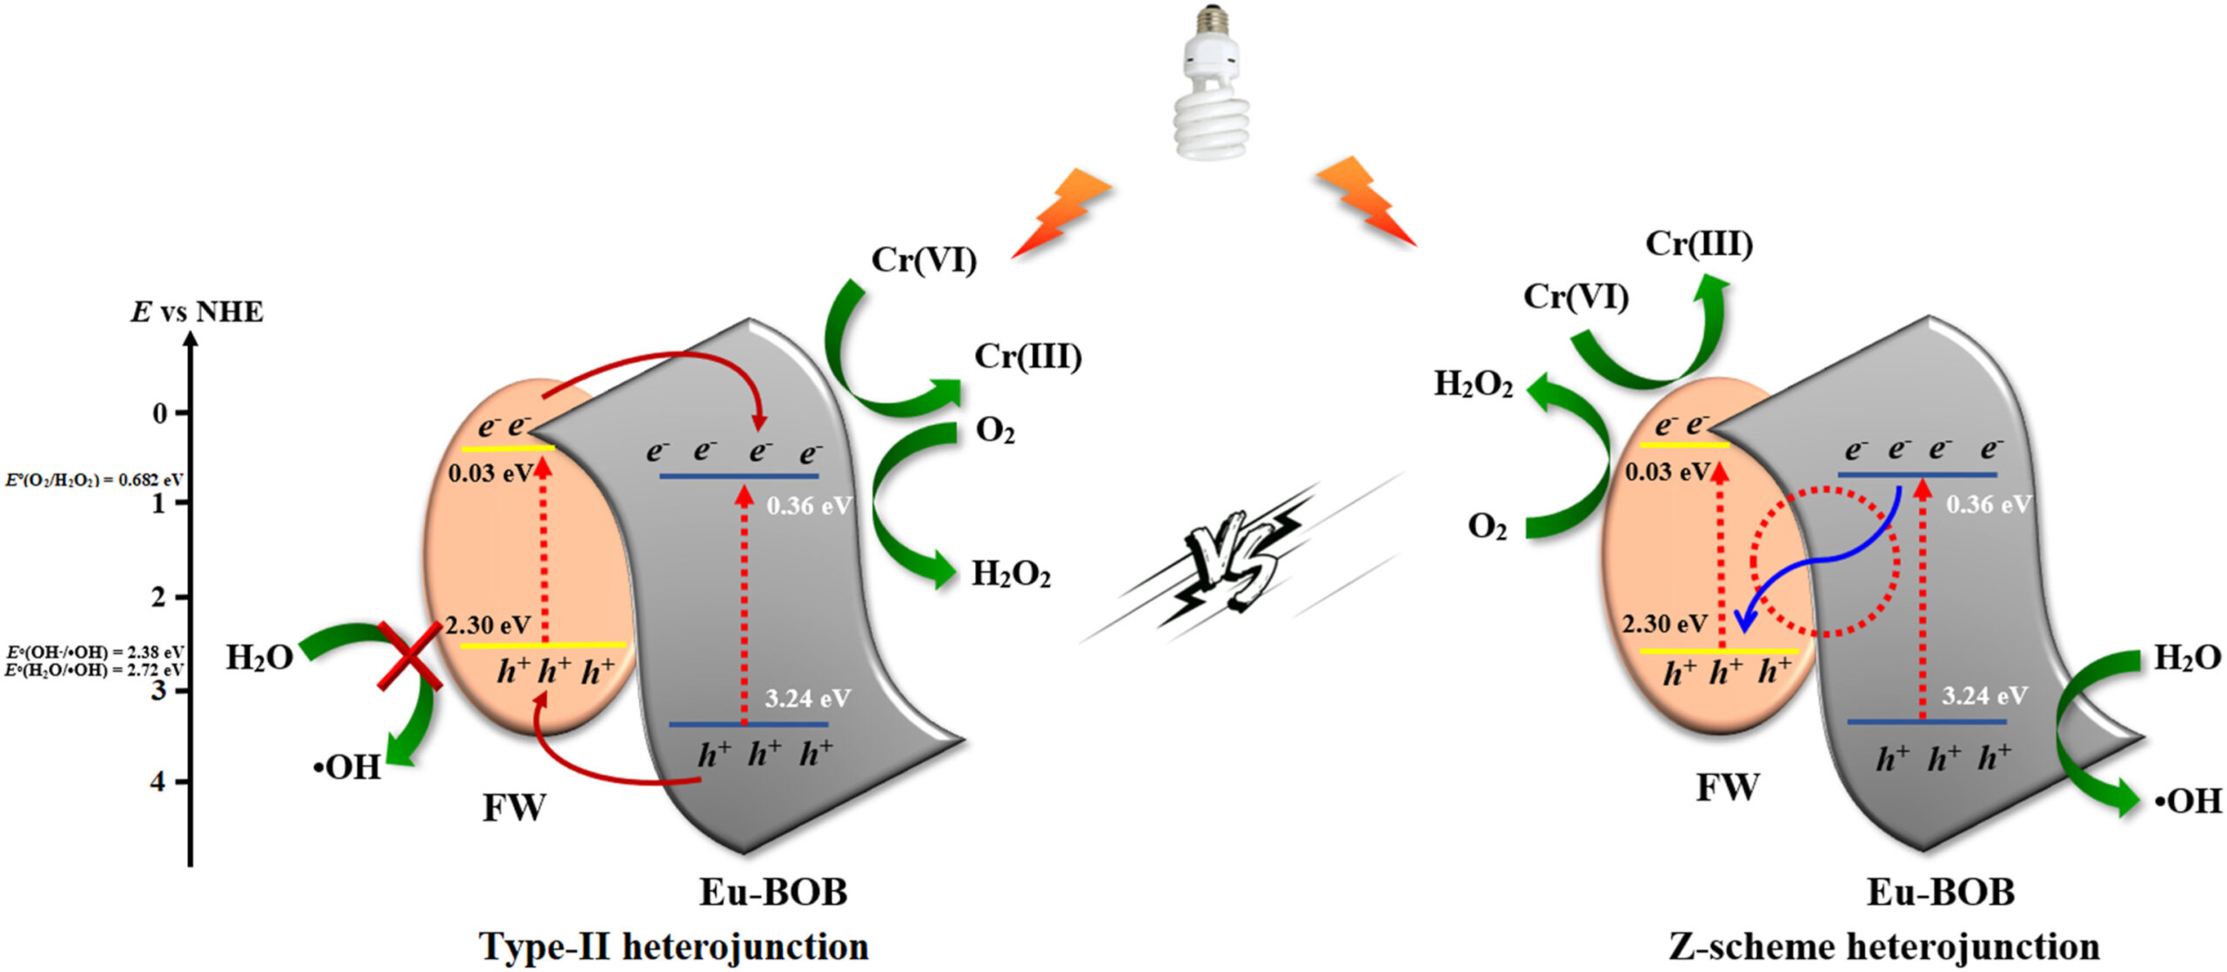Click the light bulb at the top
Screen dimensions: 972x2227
click(1212, 87)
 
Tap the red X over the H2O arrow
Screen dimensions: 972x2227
click(410, 655)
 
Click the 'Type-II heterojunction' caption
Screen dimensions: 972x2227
click(673, 946)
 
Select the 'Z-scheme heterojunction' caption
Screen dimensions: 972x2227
click(1883, 946)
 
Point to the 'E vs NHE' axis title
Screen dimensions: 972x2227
click(197, 312)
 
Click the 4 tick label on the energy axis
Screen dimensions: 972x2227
click(157, 781)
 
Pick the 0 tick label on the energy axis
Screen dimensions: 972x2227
click(160, 412)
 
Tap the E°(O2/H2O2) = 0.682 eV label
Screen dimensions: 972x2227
click(94, 479)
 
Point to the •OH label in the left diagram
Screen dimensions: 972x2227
click(347, 768)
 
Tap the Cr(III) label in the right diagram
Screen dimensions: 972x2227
click(1698, 244)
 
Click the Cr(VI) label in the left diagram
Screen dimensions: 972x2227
click(924, 259)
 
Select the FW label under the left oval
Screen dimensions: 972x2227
click(514, 808)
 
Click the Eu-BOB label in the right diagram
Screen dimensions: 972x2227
click(1940, 892)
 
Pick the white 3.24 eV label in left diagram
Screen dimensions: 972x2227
click(807, 698)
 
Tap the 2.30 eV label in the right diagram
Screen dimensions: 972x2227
click(1664, 623)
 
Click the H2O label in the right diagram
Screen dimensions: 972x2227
click(2186, 658)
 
